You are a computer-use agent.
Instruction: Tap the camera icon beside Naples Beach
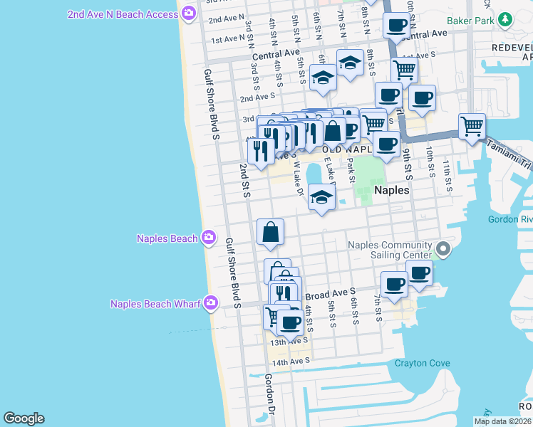(209, 238)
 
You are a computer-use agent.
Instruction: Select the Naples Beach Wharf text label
(156, 304)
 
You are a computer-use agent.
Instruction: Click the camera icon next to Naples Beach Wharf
(210, 304)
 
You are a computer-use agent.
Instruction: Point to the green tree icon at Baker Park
(505, 20)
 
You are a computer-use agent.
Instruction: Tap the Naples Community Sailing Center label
(389, 251)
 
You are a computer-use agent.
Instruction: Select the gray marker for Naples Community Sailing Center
(443, 249)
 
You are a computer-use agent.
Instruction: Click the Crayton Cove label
(423, 364)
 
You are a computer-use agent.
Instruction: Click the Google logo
(24, 418)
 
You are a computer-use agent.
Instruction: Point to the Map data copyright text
(503, 421)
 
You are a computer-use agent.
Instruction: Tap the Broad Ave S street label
(331, 292)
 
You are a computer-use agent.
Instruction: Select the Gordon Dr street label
(270, 395)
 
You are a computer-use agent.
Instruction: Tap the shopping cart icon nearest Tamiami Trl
(472, 127)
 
